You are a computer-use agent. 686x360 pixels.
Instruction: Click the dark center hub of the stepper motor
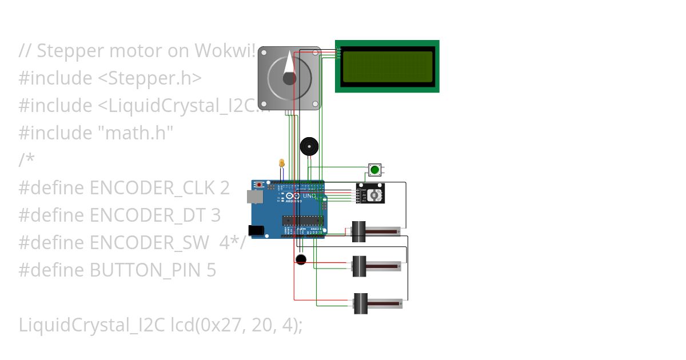click(x=289, y=78)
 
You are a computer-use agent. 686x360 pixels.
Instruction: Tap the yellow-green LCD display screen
click(x=387, y=66)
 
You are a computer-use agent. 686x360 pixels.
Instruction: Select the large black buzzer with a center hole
click(x=309, y=147)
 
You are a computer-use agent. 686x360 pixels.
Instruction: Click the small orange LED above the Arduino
click(x=281, y=163)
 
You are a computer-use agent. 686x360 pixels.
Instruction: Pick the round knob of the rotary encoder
click(x=374, y=195)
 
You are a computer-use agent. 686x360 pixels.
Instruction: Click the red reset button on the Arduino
click(x=260, y=185)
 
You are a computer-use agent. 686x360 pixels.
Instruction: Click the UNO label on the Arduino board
click(x=309, y=196)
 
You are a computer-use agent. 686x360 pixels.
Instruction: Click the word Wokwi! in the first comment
click(x=225, y=50)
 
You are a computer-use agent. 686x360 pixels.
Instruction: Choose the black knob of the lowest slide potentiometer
click(x=360, y=303)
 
